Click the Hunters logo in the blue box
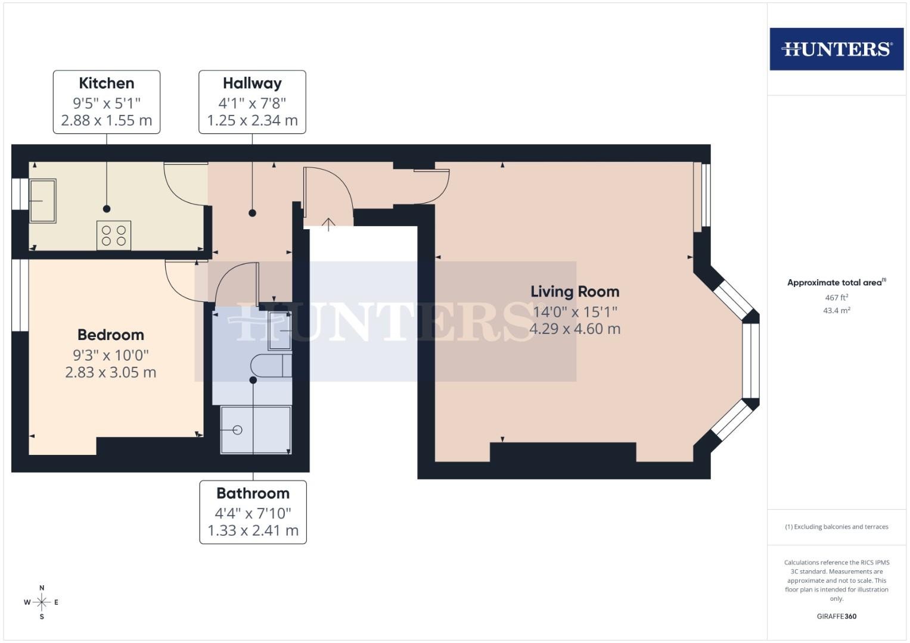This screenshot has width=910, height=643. coord(837,49)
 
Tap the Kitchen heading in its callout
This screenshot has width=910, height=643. coord(107,83)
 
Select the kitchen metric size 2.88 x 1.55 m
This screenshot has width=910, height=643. coord(107,120)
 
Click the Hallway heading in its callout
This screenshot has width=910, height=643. coord(252,83)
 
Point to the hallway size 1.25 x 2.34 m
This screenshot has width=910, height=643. coord(252,120)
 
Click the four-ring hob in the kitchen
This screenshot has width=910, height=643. coord(114,235)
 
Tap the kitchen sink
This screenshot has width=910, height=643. coord(43,201)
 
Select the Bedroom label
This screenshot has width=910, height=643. coord(111,335)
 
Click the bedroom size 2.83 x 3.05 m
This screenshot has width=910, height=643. coord(111,372)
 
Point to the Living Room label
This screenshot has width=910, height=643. coord(575,292)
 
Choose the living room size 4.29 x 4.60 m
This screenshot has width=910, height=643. coord(575,329)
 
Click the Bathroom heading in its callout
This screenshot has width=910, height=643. coord(253,493)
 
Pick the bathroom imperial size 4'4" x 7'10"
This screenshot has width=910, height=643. coord(253,513)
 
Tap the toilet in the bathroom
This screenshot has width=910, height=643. coord(271,366)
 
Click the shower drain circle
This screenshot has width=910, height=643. coord(238,430)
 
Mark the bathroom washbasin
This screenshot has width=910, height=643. coord(279,331)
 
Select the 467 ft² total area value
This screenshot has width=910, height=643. coord(837,297)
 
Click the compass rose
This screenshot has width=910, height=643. coord(42,602)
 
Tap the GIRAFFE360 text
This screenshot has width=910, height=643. coord(837,616)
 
